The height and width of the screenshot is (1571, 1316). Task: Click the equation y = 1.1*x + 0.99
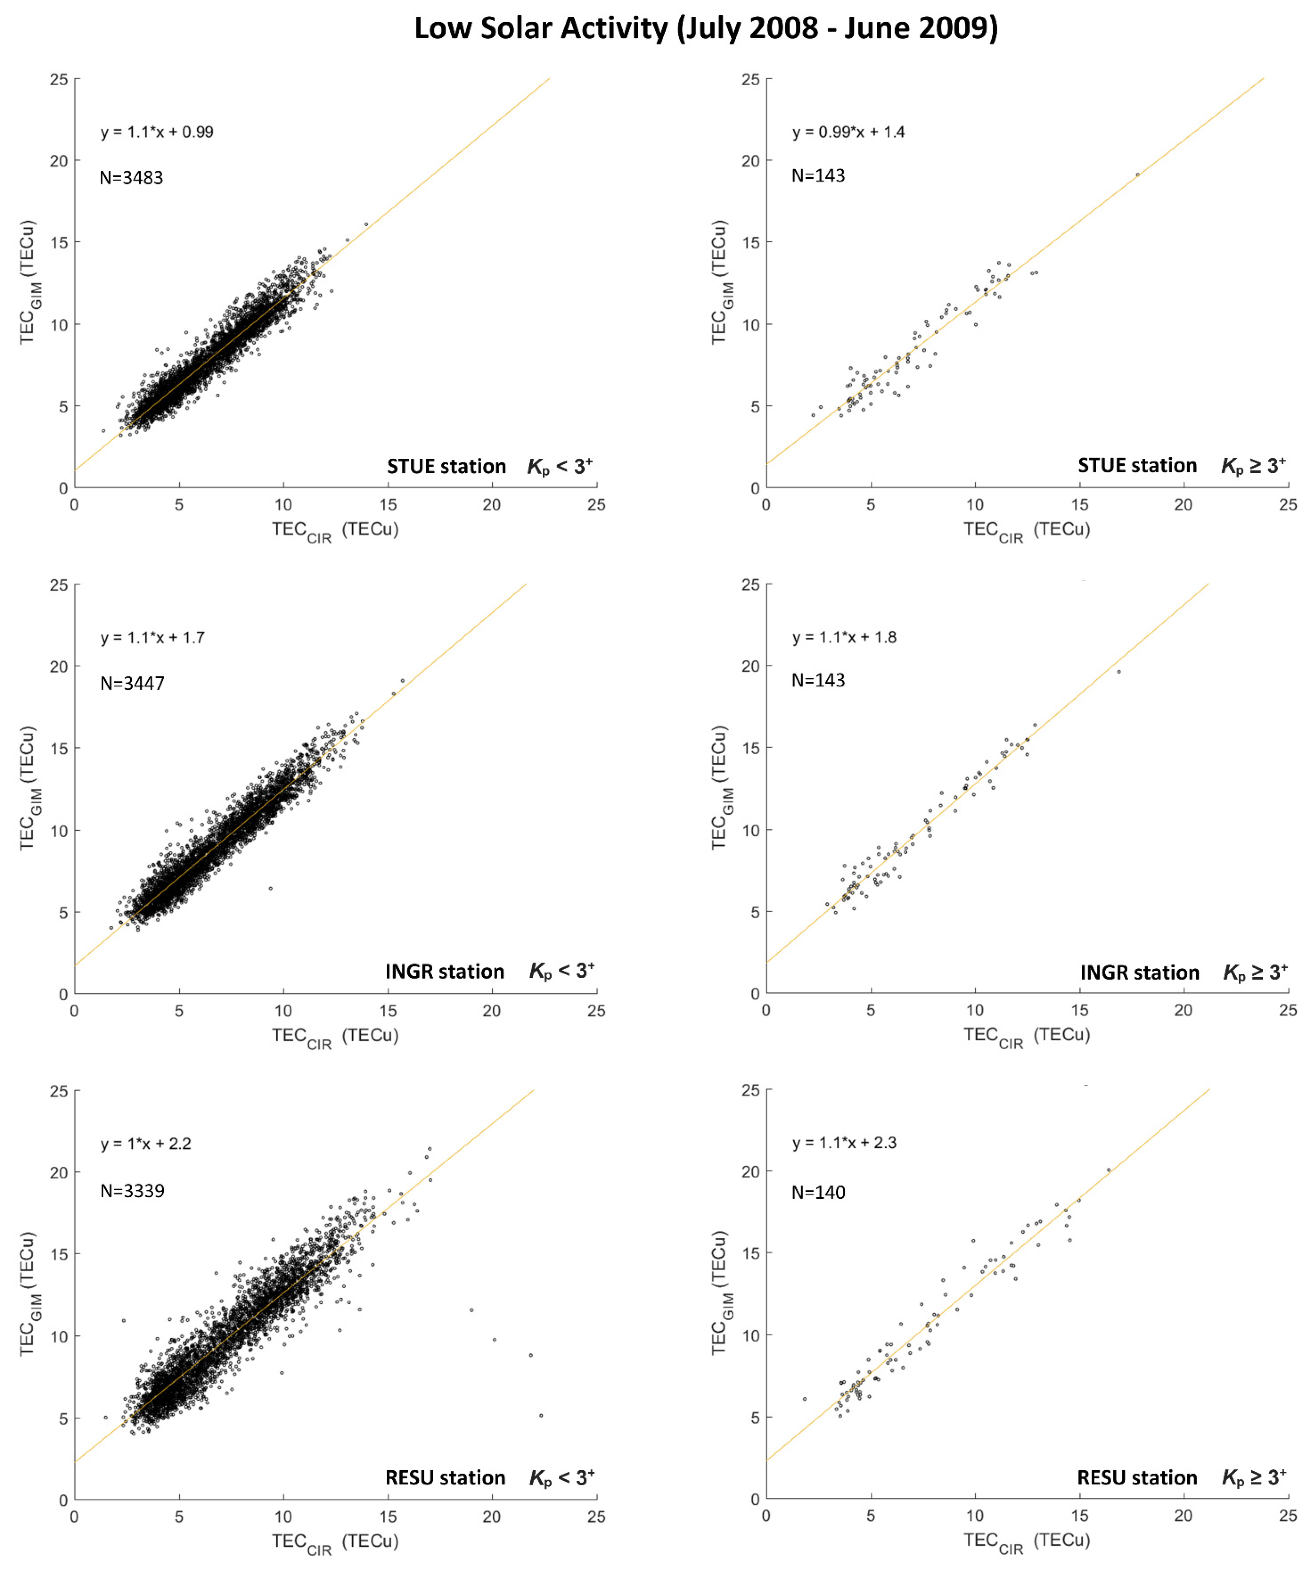pyautogui.click(x=157, y=132)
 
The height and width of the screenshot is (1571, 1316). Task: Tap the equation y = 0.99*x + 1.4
pyautogui.click(x=848, y=132)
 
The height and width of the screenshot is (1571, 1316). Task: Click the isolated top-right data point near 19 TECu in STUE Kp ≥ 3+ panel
pyautogui.click(x=1137, y=174)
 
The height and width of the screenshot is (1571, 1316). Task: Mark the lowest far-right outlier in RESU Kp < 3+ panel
pyautogui.click(x=541, y=1415)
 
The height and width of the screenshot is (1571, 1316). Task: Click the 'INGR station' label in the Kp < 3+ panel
pyautogui.click(x=444, y=972)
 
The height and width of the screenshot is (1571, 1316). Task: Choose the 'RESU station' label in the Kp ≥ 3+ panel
pyautogui.click(x=1137, y=1477)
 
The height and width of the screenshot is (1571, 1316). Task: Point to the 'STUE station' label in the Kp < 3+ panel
pyautogui.click(x=446, y=467)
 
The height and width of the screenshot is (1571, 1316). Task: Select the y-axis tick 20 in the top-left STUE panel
pyautogui.click(x=58, y=161)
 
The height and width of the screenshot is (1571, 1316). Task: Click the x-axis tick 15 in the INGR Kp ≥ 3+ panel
pyautogui.click(x=1079, y=1011)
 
